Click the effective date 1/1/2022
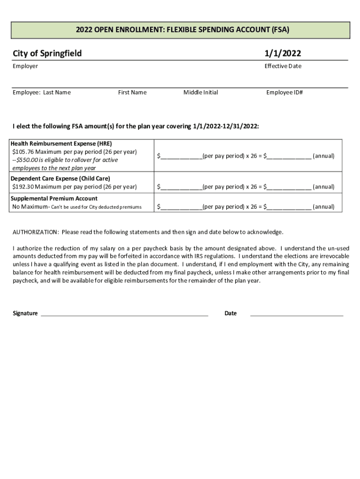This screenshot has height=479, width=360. pyautogui.click(x=283, y=53)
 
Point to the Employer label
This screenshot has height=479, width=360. pyautogui.click(x=25, y=66)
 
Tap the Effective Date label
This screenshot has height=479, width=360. pyautogui.click(x=283, y=66)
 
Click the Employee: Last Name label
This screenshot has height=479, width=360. pyautogui.click(x=42, y=93)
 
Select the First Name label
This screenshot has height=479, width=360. pyautogui.click(x=132, y=93)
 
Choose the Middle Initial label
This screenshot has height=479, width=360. pyautogui.click(x=201, y=93)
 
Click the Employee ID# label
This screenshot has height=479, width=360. pyautogui.click(x=284, y=93)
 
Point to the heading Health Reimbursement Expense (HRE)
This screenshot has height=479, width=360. pyautogui.click(x=61, y=144)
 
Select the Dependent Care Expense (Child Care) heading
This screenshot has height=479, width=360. pyautogui.click(x=60, y=179)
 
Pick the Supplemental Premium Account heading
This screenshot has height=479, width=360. pyautogui.click(x=54, y=198)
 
